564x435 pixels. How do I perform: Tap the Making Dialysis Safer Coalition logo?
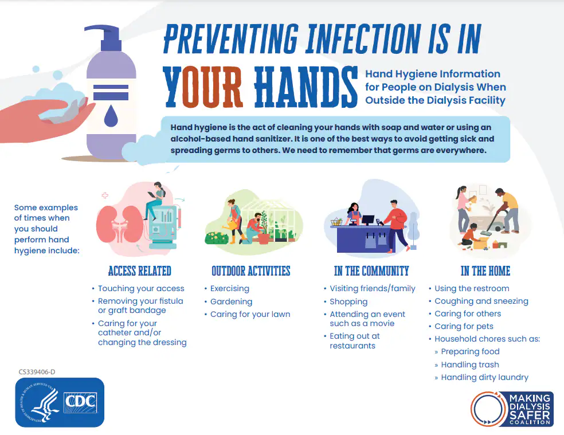click(x=511, y=408)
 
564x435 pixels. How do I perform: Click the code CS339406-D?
click(x=37, y=371)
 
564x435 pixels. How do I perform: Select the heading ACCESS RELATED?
click(x=139, y=271)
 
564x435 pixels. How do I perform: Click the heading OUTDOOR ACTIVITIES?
click(x=250, y=271)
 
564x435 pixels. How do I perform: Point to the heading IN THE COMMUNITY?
click(x=371, y=271)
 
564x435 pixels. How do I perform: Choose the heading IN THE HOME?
click(x=485, y=271)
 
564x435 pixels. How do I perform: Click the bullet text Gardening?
click(x=231, y=301)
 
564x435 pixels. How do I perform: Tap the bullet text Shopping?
click(x=348, y=301)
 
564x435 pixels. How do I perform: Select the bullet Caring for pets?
click(x=463, y=326)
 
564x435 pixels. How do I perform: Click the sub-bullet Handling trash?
click(x=470, y=365)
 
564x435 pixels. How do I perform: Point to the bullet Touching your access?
click(x=141, y=288)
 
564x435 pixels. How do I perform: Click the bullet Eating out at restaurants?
click(x=355, y=341)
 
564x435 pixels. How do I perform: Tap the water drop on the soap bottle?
click(x=110, y=116)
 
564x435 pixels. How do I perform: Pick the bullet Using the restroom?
click(x=472, y=288)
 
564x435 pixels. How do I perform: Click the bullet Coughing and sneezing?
click(x=481, y=301)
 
